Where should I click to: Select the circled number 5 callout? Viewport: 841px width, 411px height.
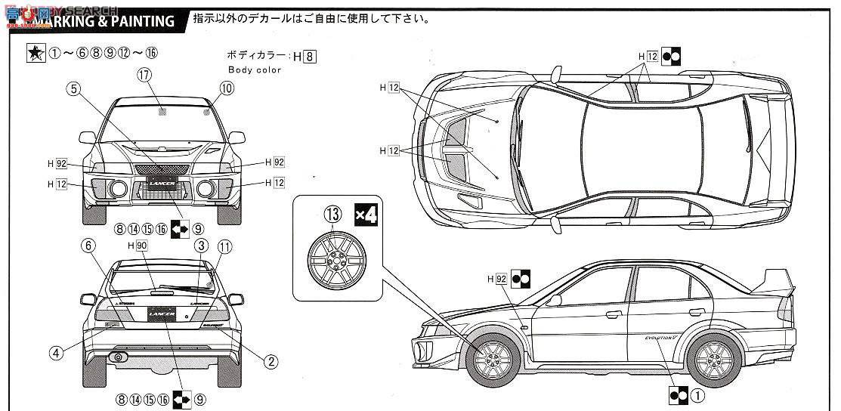73,88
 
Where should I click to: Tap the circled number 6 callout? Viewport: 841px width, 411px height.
88,246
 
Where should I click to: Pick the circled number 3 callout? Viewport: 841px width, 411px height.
201,246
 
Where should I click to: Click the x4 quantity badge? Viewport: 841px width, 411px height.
366,215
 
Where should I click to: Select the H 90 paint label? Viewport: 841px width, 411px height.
138,246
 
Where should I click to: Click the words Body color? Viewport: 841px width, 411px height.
255,70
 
